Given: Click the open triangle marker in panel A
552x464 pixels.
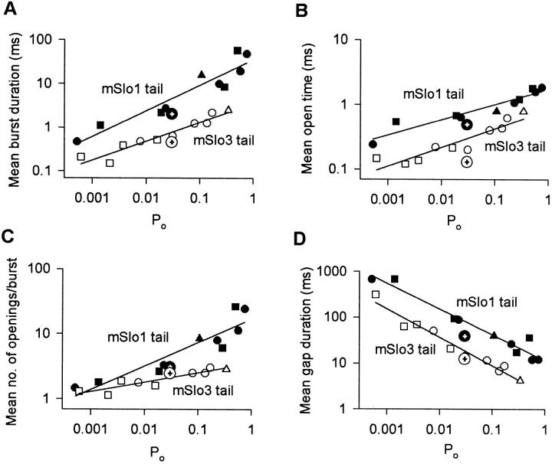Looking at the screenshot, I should [228, 109].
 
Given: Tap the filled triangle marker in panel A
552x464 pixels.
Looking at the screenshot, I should [202, 74].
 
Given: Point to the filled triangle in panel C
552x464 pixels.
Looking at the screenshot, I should [199, 338].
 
